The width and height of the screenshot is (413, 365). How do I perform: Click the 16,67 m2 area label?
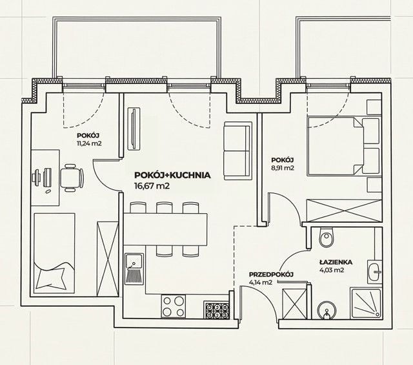[x=152, y=186]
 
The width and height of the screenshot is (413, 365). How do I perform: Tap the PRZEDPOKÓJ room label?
[x=271, y=275]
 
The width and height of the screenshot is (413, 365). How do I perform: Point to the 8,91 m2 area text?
[x=283, y=168]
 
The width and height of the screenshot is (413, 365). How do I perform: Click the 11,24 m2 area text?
[x=89, y=143]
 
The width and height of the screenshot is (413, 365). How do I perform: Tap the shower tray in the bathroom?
[x=366, y=303]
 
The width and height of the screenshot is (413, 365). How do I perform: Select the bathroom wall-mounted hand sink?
[x=374, y=273]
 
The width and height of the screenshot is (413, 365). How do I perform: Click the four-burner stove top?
[x=173, y=306]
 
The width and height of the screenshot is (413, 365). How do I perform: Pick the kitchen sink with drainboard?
[x=134, y=269]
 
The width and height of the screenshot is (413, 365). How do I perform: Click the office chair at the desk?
[x=72, y=178]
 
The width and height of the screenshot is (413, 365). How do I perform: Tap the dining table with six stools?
[x=166, y=229]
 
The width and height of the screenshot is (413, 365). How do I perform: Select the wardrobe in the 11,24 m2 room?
[x=107, y=259]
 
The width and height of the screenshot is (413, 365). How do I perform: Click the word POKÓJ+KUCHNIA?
[x=172, y=175]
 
